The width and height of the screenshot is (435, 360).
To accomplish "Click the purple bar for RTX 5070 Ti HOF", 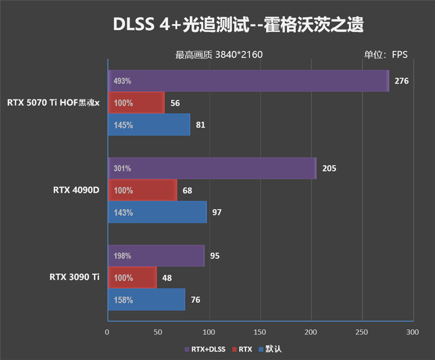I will click(x=248, y=81).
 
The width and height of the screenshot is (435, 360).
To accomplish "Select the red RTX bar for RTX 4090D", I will click(x=142, y=190).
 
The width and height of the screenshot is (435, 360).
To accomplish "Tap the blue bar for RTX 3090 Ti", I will click(x=146, y=300).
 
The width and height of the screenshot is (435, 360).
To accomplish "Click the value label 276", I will click(x=401, y=81).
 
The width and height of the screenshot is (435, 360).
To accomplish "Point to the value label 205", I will click(x=329, y=169).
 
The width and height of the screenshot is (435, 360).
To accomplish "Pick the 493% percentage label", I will click(x=122, y=82).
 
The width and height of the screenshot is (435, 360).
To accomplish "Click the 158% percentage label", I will click(x=123, y=300).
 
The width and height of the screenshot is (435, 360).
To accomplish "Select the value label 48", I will click(x=167, y=278).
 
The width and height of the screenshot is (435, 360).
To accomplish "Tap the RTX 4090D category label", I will click(x=76, y=190).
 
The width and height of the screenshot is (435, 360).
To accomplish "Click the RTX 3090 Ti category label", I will click(x=74, y=277).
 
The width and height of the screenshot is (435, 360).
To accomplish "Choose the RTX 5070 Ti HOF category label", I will click(x=53, y=103).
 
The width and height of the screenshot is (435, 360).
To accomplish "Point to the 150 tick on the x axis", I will click(x=260, y=332).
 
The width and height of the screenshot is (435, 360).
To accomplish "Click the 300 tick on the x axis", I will click(x=413, y=332).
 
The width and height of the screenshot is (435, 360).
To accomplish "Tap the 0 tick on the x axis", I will click(x=107, y=332).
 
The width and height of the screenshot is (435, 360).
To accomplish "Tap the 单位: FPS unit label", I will click(x=386, y=54).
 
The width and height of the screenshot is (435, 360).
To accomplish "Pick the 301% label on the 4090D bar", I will click(x=122, y=169).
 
